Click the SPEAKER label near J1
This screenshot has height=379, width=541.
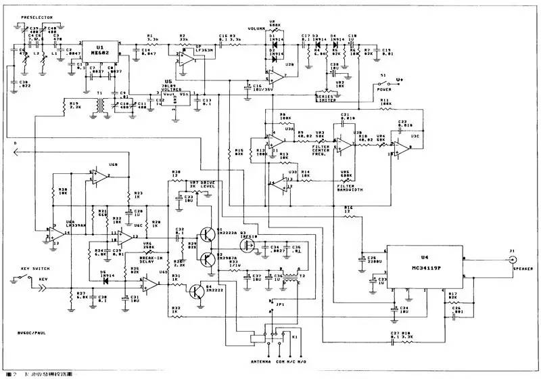click(522, 269)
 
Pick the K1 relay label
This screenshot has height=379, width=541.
click(295, 336)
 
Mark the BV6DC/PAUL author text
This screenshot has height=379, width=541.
click(34, 332)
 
